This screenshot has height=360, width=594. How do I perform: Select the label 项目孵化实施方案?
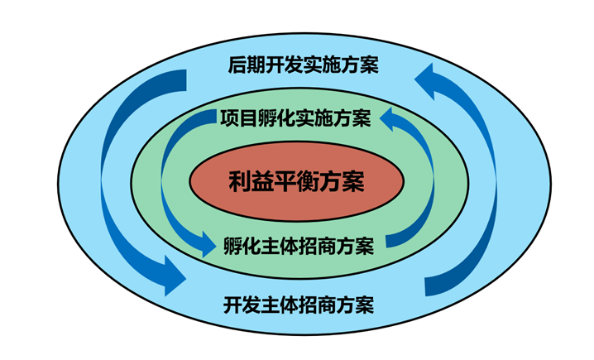click(295, 118)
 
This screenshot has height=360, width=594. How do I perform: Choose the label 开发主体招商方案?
click(299, 304)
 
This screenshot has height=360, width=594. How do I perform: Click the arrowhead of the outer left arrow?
click(173, 276)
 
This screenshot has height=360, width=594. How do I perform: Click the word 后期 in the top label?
click(242, 65)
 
